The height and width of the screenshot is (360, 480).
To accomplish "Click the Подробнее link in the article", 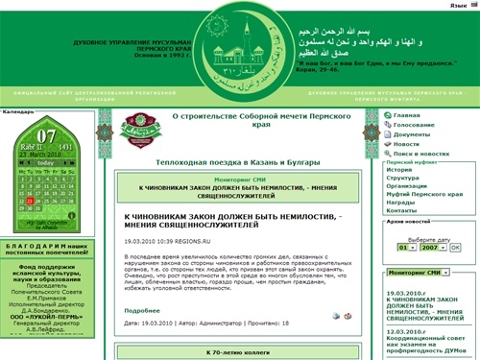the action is [x=141, y=310].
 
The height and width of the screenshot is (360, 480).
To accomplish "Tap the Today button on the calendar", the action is [x=45, y=164].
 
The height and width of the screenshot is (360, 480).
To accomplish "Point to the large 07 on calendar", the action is [x=46, y=135].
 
